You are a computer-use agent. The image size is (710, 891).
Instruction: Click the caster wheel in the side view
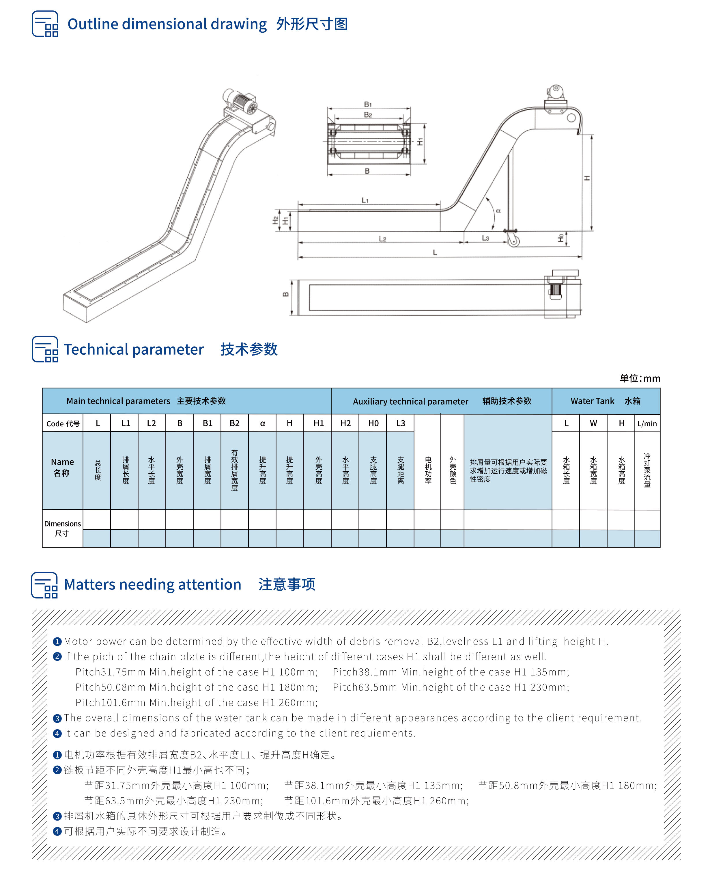point(513,241)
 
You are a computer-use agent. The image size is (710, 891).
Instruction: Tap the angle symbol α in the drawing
point(498,211)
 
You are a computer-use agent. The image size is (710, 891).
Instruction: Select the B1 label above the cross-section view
point(368,104)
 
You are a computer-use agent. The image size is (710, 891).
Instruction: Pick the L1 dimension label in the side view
point(365,200)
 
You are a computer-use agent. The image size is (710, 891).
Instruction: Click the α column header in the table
point(262,423)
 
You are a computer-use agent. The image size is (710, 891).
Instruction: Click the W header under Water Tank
point(593,423)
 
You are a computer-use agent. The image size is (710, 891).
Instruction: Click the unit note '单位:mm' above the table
point(639,378)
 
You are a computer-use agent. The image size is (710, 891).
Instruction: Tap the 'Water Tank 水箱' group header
point(606,401)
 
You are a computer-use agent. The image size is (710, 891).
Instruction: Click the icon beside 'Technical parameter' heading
point(45,349)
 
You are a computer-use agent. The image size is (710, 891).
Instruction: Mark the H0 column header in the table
point(373,423)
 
